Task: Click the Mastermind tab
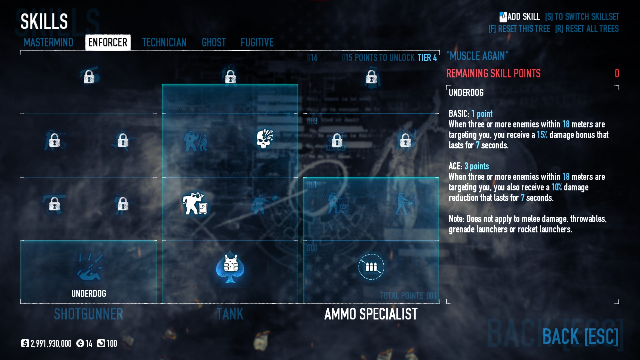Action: [x=48, y=42]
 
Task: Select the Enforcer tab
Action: [x=108, y=42]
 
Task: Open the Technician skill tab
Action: [x=164, y=42]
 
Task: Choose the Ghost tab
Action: [x=214, y=42]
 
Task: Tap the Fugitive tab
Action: [x=257, y=42]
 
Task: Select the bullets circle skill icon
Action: [x=371, y=267]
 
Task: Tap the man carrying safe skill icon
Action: [x=195, y=203]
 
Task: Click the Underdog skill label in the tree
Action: [x=89, y=293]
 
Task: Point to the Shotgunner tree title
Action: [x=89, y=314]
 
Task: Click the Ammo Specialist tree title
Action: [x=371, y=314]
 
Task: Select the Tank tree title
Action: [x=230, y=314]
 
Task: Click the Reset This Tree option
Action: [x=519, y=29]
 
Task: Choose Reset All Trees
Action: [x=587, y=29]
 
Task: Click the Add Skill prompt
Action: [x=520, y=17]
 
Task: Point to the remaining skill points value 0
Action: [x=617, y=73]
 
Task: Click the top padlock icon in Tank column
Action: [x=230, y=77]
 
